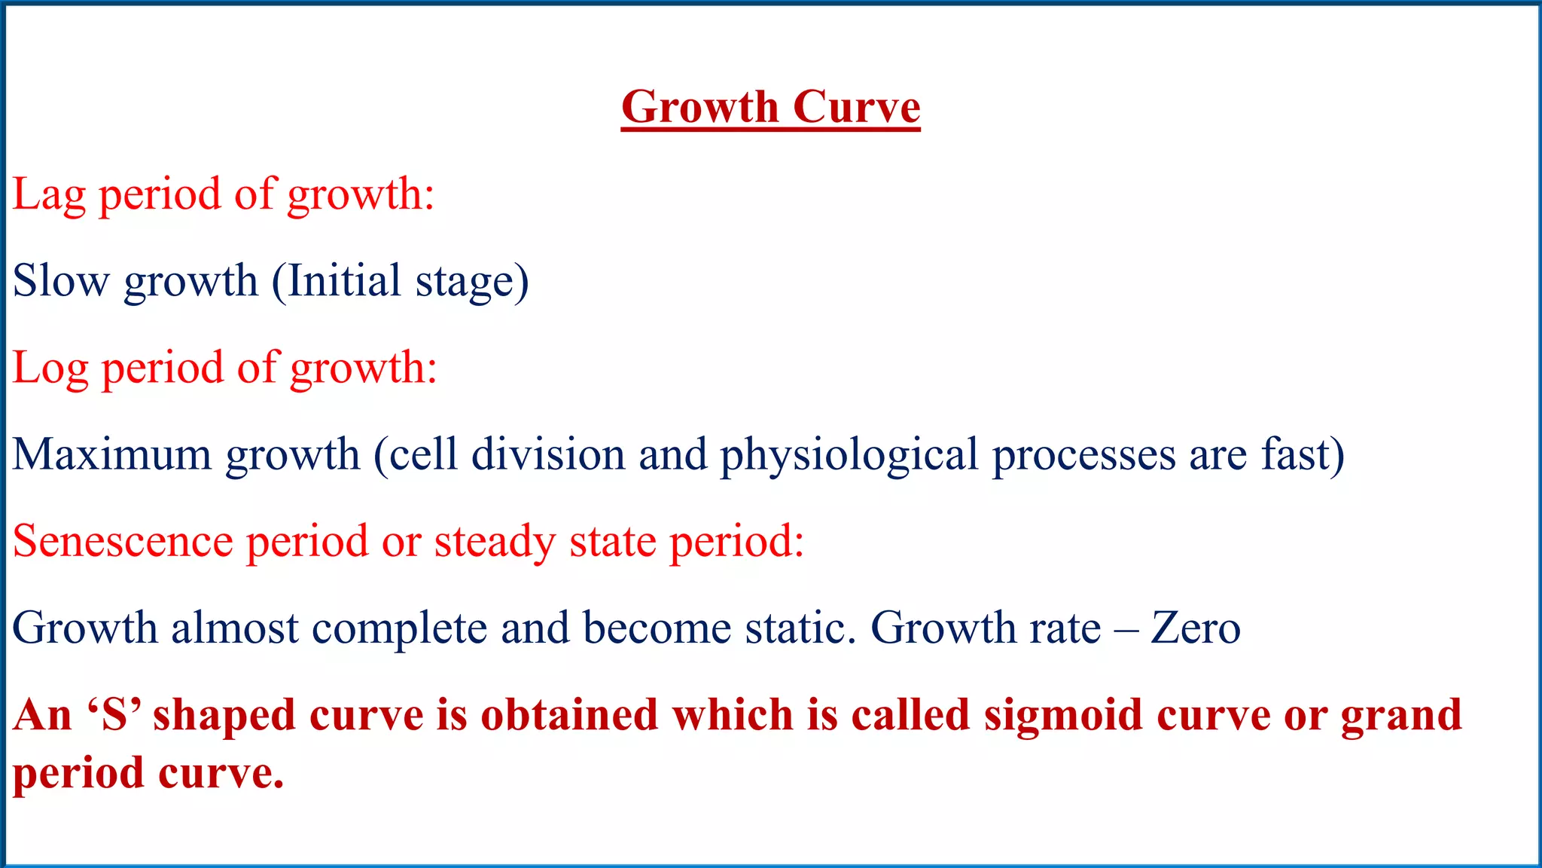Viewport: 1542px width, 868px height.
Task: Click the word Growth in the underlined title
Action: (x=699, y=107)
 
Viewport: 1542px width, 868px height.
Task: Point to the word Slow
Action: (x=61, y=281)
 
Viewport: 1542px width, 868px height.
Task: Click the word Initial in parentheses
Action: (x=344, y=281)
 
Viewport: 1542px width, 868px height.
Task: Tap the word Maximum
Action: (x=112, y=454)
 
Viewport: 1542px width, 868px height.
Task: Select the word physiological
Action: (x=849, y=456)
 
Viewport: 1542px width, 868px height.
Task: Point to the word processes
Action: (x=1083, y=456)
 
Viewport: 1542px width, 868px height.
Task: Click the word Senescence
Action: (x=123, y=541)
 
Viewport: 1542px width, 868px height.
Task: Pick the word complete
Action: (x=400, y=629)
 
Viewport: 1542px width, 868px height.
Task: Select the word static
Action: (x=800, y=628)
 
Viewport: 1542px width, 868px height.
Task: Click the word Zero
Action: (x=1196, y=628)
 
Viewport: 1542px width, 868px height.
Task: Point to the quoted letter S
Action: (x=114, y=714)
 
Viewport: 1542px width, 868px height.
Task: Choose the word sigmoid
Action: (x=1064, y=716)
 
